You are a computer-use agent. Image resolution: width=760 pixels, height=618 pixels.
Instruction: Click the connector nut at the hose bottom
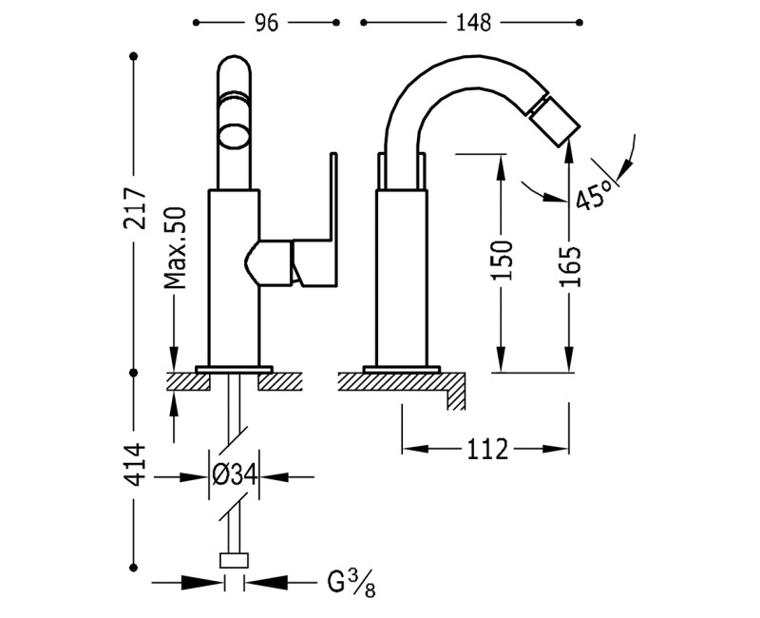[x=234, y=559]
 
